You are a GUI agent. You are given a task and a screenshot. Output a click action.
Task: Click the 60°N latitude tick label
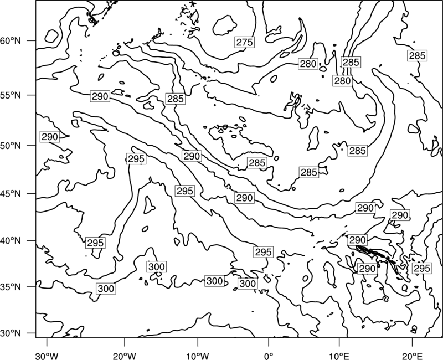[11, 41]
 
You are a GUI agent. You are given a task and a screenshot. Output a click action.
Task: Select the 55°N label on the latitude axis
[11, 95]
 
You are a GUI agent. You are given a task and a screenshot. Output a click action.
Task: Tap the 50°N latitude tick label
[11, 146]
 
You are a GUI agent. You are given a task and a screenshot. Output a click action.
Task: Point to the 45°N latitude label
[11, 193]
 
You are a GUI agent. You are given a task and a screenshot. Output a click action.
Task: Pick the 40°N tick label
[11, 240]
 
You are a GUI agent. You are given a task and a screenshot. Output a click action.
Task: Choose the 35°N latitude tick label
[11, 287]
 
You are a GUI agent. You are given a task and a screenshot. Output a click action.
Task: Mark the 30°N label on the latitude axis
[11, 333]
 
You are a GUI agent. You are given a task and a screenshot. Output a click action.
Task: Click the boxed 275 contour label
[244, 43]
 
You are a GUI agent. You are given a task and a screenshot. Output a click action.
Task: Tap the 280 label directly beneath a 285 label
[342, 81]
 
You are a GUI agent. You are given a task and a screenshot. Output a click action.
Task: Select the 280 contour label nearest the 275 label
[308, 64]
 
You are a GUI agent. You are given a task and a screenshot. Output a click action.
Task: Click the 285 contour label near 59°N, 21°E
[417, 56]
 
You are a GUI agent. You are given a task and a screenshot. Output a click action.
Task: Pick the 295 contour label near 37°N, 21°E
[422, 268]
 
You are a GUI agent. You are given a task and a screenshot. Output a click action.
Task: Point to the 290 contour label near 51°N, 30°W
[50, 137]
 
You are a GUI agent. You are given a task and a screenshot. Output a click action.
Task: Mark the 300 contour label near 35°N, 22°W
[106, 289]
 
